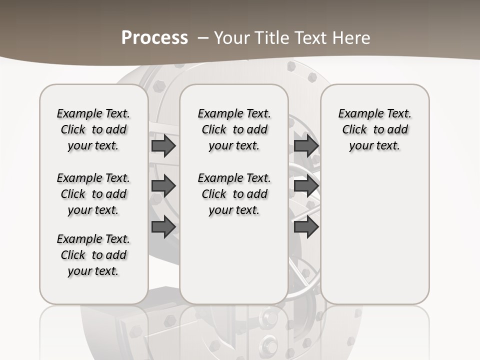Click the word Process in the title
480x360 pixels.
tap(154, 37)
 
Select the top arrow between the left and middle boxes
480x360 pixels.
tap(163, 146)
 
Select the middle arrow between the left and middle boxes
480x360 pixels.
tap(163, 186)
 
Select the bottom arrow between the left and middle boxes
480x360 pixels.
tap(163, 226)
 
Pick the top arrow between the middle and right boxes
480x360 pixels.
tap(306, 146)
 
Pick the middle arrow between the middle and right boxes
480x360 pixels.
tap(306, 186)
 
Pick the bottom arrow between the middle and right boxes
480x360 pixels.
tap(306, 226)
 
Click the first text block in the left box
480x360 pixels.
tap(93, 129)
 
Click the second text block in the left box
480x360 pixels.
tap(93, 194)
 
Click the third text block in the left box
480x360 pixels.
tap(93, 255)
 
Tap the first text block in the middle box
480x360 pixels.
tap(234, 129)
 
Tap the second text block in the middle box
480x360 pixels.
tap(234, 194)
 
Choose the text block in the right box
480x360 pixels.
tap(375, 129)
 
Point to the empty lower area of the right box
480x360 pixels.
tap(375, 235)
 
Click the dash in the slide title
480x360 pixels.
tap(203, 37)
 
